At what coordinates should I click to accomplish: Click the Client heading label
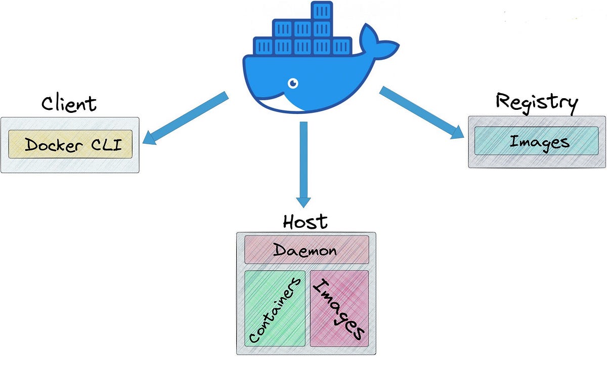69,103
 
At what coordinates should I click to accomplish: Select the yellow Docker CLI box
70,144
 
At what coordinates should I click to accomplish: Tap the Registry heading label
536,102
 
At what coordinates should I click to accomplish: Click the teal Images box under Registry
536,141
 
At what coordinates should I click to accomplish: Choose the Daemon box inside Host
306,250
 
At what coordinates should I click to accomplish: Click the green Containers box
275,308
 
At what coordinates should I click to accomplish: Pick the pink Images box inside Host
338,308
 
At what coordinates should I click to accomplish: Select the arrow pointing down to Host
303,162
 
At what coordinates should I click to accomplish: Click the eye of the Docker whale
292,83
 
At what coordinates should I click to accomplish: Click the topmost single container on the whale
321,11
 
